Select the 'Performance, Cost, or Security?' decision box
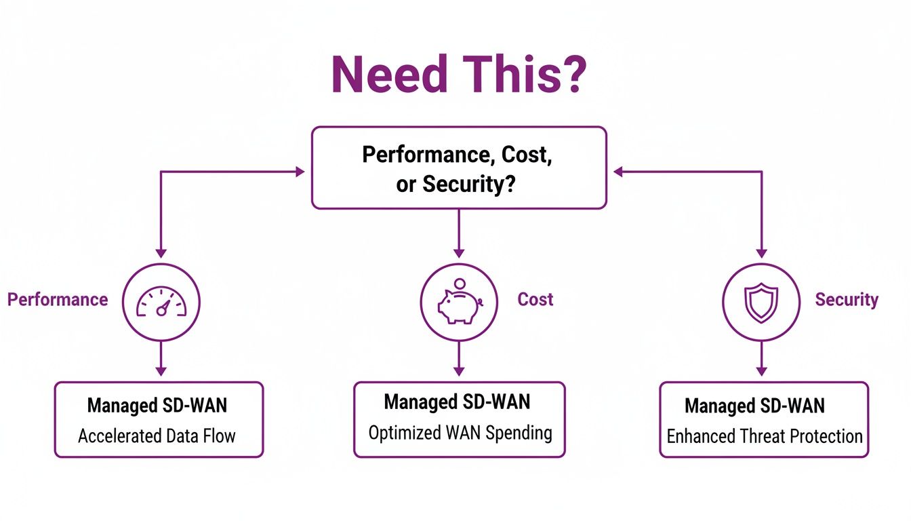coord(458,168)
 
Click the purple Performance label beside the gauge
coord(58,299)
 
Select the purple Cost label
coord(535,299)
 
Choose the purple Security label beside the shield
coord(847,299)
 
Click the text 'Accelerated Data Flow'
coord(157,436)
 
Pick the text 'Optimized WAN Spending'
coord(460,432)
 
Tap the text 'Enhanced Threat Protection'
coord(765,436)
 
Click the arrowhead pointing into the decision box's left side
coord(300,172)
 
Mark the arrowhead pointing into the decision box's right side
coord(618,172)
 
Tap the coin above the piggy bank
coord(460,284)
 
